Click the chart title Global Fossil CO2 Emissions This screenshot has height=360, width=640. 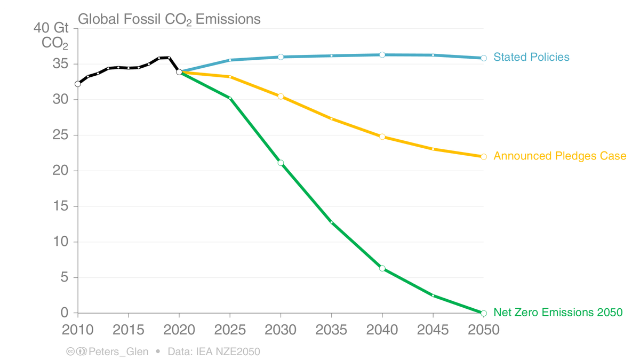169,19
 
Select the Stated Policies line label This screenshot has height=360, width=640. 531,57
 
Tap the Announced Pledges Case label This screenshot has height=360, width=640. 559,156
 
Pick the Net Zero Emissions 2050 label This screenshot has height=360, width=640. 558,313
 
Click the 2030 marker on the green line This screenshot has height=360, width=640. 281,163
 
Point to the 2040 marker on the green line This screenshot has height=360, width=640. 382,268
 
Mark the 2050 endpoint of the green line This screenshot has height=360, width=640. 484,313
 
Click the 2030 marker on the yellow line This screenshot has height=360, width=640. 281,97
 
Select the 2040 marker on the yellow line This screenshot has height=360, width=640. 382,137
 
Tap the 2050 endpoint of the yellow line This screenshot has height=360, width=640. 484,157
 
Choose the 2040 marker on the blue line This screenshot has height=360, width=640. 382,55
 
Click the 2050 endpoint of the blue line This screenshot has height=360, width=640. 484,58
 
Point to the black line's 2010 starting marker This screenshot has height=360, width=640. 78,84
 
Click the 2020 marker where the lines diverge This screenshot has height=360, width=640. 179,72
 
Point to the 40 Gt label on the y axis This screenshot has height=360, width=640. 52,28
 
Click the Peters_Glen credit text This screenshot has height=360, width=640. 118,352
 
